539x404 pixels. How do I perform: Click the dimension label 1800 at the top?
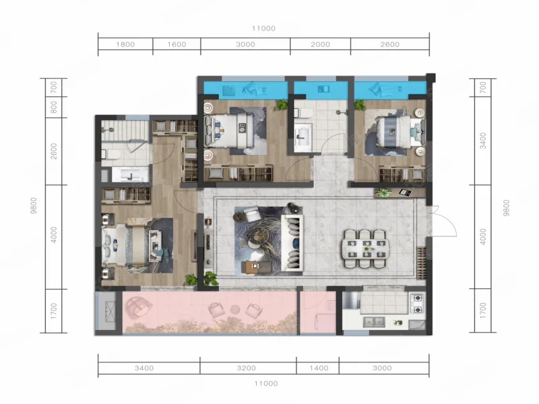(125, 44)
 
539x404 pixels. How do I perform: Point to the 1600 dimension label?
(177, 44)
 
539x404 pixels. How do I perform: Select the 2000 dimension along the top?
(321, 44)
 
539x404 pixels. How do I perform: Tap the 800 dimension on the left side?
(54, 107)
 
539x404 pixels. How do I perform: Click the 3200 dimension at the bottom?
(246, 368)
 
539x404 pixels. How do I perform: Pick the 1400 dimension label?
(319, 368)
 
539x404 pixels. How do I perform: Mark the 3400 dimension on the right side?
(483, 141)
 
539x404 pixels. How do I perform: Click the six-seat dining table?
(365, 248)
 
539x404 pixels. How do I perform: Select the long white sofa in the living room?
(292, 242)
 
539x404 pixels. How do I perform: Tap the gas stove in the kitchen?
(418, 304)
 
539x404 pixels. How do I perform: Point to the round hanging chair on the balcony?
(139, 307)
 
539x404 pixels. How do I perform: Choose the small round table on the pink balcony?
(235, 309)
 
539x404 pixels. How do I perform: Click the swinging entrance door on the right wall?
(443, 221)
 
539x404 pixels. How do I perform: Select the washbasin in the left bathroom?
(127, 175)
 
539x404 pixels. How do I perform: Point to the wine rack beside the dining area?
(422, 263)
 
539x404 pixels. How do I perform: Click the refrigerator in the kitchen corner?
(351, 300)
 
